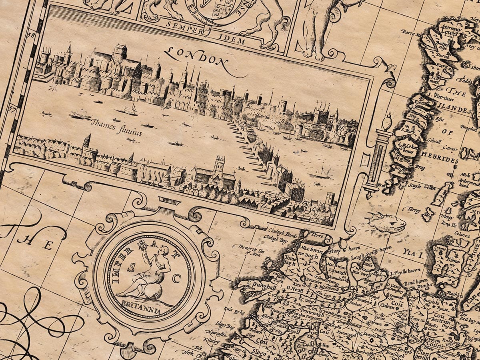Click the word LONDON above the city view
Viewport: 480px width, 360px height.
pos(196,57)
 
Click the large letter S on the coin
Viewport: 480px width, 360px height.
pos(130,269)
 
